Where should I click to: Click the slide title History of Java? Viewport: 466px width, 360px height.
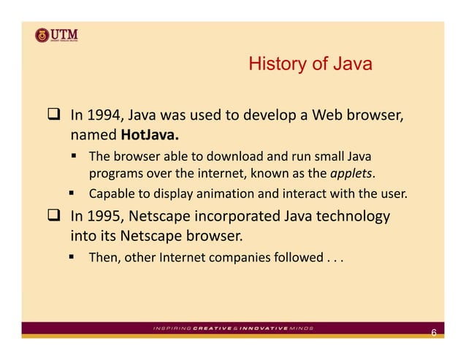[310, 64]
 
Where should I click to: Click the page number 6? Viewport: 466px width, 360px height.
[433, 334]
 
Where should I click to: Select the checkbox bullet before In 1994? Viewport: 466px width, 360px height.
[53, 115]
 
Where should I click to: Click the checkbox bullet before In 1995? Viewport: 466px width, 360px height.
[53, 217]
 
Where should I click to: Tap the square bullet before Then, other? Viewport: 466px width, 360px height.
[74, 257]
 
